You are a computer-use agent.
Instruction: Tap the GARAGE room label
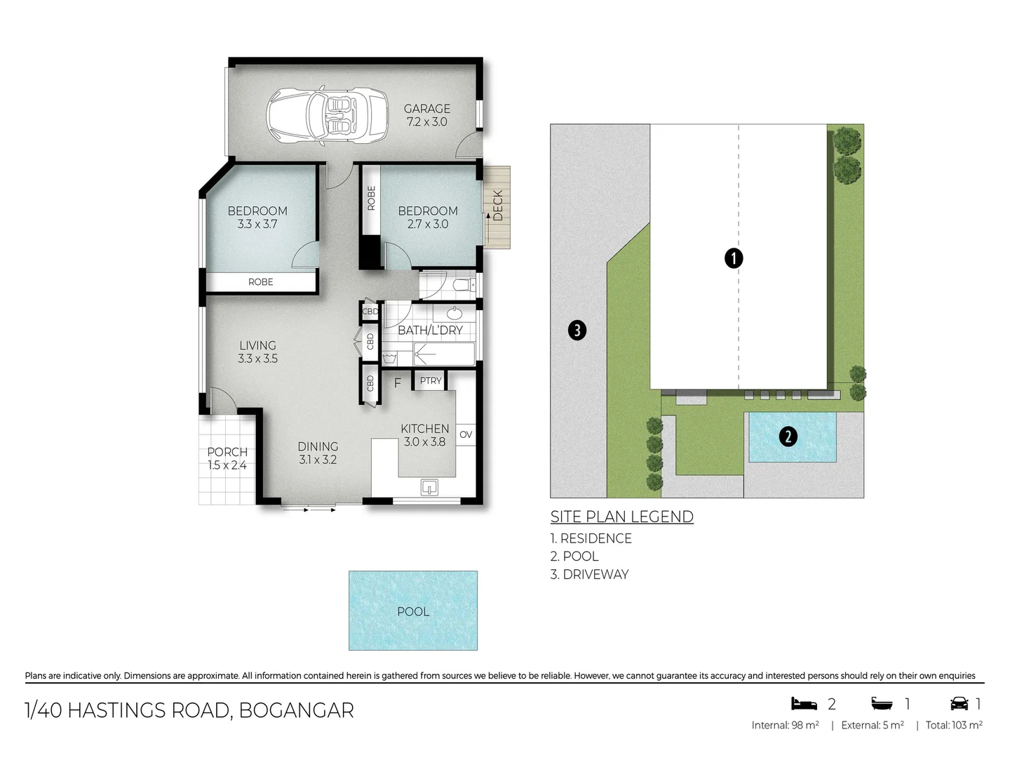coord(426,109)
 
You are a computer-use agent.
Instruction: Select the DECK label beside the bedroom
coord(498,206)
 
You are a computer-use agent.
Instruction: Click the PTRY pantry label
coord(431,381)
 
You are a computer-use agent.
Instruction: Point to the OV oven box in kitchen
coord(466,434)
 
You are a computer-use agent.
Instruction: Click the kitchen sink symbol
coord(429,486)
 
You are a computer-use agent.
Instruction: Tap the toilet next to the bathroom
coord(462,285)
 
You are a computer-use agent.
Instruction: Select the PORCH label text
coord(227,452)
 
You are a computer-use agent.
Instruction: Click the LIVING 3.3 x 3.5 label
coord(257,352)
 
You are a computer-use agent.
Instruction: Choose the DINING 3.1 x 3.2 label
coord(318,453)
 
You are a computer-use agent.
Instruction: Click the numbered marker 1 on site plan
coord(733,258)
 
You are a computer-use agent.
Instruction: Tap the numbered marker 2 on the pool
coord(788,437)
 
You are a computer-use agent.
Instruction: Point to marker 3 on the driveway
coord(577,330)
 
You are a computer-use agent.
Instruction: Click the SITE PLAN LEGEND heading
coord(621,517)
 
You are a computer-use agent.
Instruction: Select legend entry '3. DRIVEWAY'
coord(589,574)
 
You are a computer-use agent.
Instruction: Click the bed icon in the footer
coord(804,703)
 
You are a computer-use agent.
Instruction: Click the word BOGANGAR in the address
coord(296,710)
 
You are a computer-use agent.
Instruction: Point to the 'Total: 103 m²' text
coord(953,725)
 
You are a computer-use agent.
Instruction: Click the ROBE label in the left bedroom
coord(260,282)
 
